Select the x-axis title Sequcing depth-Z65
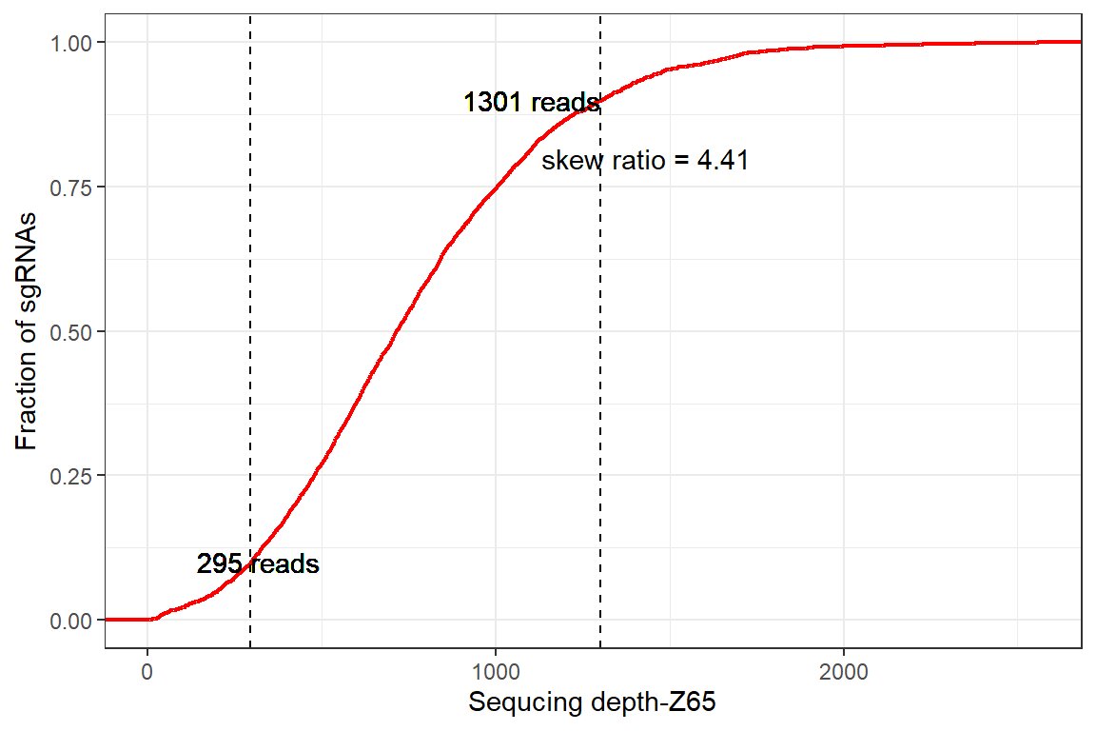[592, 704]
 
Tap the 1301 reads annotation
[531, 103]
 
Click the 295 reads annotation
[257, 564]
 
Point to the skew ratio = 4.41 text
[644, 161]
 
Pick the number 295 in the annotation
[219, 564]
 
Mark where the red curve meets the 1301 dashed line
[600, 97]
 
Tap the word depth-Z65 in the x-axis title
[660, 704]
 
